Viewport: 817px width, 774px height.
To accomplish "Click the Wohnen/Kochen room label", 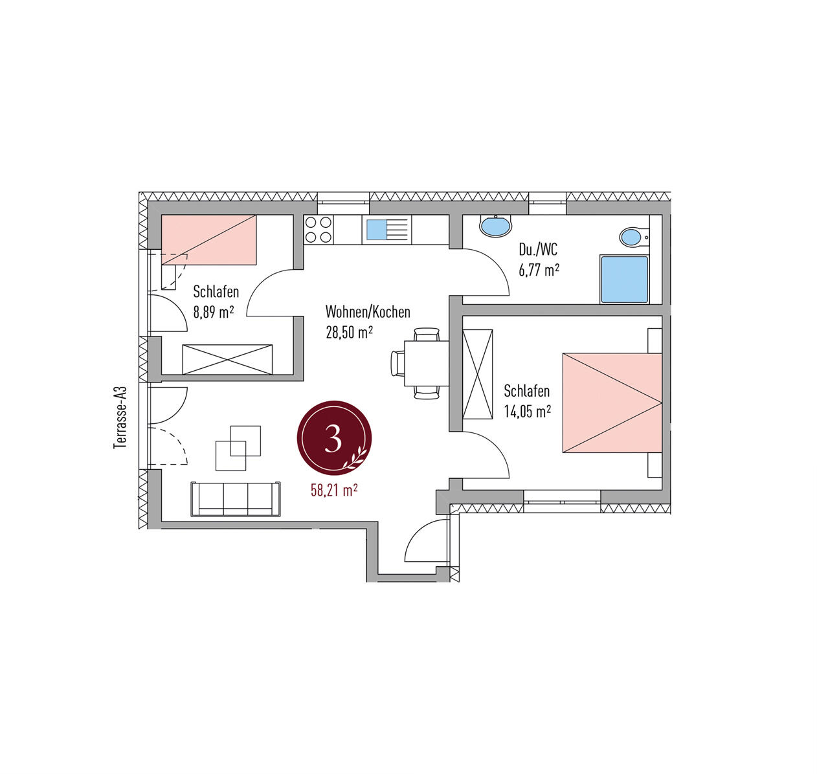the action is tap(367, 311).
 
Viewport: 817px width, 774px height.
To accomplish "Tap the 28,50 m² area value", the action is tap(349, 333).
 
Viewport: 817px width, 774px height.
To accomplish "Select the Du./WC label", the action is tap(538, 249).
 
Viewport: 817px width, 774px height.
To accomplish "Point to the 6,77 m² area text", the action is tap(539, 270).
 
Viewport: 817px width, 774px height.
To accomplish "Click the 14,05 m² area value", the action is tap(528, 412).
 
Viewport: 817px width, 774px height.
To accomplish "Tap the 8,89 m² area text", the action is tap(213, 311).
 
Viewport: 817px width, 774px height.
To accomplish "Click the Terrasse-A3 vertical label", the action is tap(120, 417).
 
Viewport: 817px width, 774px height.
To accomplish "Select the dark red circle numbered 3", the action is tap(334, 438).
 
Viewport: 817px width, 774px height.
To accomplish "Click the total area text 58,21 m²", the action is tap(334, 491).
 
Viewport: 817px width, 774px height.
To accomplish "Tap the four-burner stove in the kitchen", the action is tap(319, 229).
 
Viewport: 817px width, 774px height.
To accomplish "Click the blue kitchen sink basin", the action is tap(377, 230).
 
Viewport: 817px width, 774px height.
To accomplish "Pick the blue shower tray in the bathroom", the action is tap(624, 279).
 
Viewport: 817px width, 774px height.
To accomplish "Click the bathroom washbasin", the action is tap(495, 227).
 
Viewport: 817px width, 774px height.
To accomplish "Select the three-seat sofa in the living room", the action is tap(236, 499).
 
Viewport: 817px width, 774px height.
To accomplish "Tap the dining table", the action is tap(427, 363).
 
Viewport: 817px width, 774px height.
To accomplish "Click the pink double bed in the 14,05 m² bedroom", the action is tap(612, 403).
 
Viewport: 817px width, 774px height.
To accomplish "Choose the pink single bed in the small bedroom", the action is tap(208, 239).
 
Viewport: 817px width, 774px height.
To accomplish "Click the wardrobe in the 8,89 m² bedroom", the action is tap(227, 359).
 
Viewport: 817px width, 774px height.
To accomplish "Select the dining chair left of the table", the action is tap(397, 363).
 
